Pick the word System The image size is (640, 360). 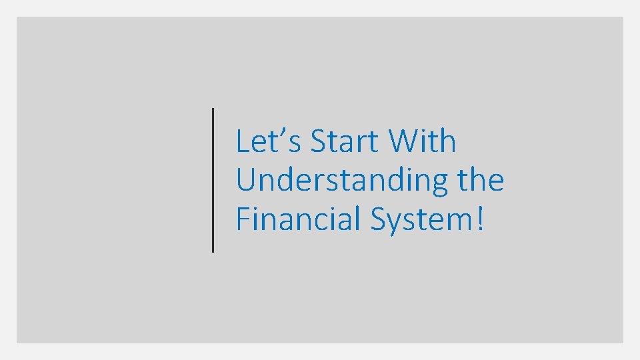420,220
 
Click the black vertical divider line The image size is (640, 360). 213,180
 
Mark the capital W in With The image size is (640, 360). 403,141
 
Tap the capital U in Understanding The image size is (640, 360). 246,181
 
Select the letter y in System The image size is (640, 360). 396,223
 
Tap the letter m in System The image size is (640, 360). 459,222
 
